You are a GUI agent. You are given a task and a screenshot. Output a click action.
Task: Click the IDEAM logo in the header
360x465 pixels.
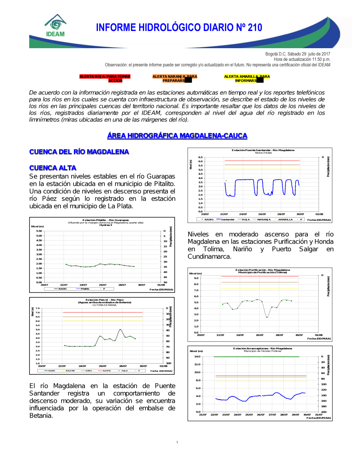point(55,26)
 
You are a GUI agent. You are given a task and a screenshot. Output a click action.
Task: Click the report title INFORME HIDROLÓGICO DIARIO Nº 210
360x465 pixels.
point(179,28)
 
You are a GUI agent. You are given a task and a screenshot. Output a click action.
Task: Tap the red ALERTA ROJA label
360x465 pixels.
point(105,78)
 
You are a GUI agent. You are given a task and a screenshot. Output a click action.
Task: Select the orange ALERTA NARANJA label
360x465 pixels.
point(175,78)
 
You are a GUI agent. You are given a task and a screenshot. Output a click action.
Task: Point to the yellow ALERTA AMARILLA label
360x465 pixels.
point(247,78)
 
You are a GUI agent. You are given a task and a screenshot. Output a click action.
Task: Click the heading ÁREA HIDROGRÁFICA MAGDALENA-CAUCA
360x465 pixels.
point(177,136)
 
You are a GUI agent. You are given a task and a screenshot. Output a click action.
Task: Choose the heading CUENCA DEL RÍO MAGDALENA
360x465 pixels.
point(79,152)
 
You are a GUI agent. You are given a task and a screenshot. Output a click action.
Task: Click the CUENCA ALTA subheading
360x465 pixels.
point(53,168)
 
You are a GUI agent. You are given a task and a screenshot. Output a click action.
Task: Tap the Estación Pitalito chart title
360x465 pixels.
point(105,220)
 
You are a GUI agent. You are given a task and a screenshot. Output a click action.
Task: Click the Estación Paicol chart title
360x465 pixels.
point(104,300)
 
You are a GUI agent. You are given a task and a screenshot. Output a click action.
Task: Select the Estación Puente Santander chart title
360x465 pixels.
point(263,150)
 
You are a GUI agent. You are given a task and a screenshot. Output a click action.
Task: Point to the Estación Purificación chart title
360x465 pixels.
point(262,270)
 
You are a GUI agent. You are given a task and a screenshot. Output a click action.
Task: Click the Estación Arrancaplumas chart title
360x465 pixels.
point(262,348)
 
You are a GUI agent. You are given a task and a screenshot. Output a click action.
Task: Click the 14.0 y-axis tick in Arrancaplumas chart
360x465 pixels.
point(197,356)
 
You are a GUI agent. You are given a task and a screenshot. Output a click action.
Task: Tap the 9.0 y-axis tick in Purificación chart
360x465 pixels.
point(196,278)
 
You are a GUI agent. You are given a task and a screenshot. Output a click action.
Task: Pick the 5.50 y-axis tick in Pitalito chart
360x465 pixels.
point(39,231)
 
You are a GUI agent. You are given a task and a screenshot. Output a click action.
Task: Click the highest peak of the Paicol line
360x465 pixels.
point(120,329)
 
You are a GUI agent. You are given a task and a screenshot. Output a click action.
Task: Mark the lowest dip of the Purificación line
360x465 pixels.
point(267,317)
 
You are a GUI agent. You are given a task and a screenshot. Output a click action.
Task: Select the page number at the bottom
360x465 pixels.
point(177,442)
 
